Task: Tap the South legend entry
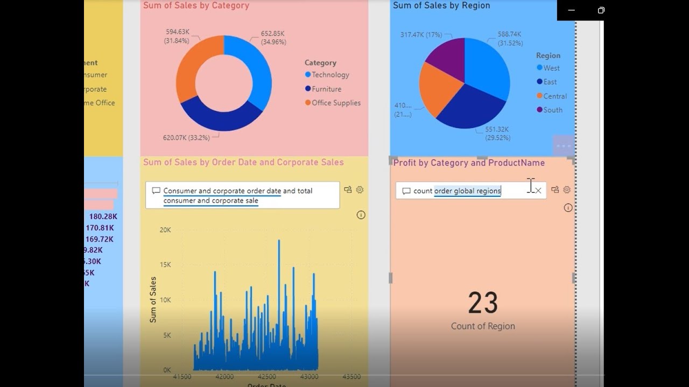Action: coord(552,110)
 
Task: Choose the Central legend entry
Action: coord(554,96)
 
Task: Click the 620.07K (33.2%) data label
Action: coord(186,138)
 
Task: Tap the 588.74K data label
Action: coord(510,39)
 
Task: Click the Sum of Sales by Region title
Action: coord(441,5)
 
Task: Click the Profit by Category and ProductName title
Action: coord(469,163)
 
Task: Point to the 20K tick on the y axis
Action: coord(165,230)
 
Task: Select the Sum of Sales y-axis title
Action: coord(153,299)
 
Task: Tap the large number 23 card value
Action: coord(483,303)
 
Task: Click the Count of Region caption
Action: coord(483,326)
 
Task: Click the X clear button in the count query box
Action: coord(538,190)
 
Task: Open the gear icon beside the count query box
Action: coord(567,190)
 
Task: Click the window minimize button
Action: coord(571,10)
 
